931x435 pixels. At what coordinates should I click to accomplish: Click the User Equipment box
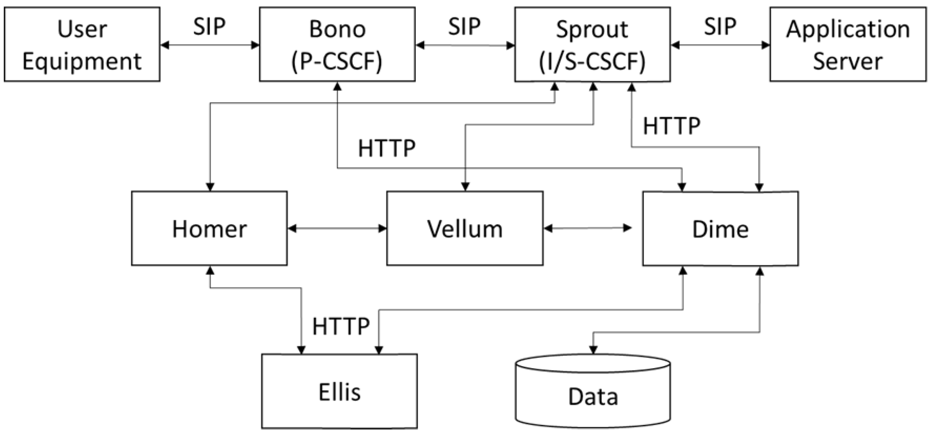(82, 45)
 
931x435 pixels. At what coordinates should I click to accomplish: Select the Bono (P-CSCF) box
(337, 45)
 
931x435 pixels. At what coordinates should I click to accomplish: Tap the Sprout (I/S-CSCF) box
(592, 45)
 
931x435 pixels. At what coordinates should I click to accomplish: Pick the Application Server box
(848, 45)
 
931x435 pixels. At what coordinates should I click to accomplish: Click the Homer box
(209, 228)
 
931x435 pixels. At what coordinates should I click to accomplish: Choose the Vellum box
(465, 228)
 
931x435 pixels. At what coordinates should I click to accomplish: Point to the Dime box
(720, 228)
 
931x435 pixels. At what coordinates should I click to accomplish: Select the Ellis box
(340, 392)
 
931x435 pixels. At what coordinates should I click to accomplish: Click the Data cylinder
(593, 396)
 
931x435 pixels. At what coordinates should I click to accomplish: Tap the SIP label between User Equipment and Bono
(209, 26)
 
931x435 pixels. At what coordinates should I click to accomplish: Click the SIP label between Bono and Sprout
(464, 26)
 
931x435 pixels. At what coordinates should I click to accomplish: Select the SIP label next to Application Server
(720, 26)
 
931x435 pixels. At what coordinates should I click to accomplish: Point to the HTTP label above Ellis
(341, 326)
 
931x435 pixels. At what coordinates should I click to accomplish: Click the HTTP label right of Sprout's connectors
(671, 126)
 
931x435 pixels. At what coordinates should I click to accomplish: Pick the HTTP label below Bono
(387, 148)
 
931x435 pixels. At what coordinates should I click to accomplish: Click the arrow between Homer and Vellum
(337, 228)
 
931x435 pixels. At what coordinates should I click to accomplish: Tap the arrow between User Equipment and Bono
(210, 45)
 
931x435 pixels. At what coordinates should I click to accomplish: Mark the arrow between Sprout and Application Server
(720, 45)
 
